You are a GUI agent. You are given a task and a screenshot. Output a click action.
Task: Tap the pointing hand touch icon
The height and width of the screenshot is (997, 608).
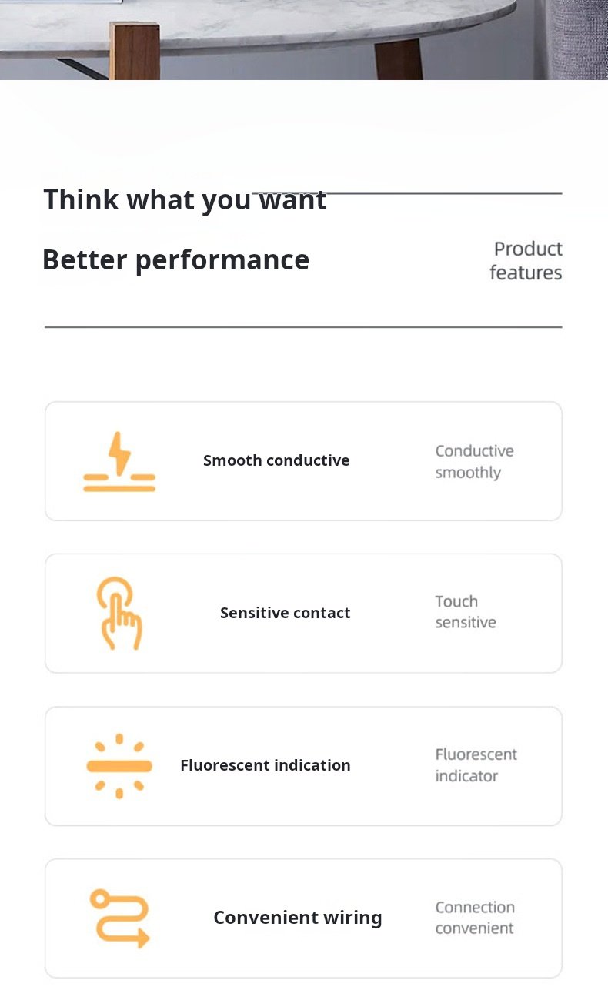[119, 614]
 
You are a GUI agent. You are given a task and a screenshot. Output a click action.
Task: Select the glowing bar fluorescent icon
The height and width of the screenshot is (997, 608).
[119, 766]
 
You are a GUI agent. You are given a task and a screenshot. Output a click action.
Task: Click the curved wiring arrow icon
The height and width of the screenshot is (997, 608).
[120, 918]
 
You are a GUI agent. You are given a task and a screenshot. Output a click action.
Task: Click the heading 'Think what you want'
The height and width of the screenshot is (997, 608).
[185, 199]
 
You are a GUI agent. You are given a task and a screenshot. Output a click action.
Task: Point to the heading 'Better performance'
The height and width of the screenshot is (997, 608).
[175, 260]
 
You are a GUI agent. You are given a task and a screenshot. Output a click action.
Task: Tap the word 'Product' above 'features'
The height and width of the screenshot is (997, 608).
[528, 249]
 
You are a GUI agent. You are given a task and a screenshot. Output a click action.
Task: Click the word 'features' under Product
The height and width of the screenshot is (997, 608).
[526, 273]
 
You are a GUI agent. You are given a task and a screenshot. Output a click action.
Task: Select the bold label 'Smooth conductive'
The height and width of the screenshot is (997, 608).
[276, 460]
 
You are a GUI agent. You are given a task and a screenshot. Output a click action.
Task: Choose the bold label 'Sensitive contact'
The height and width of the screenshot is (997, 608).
[286, 613]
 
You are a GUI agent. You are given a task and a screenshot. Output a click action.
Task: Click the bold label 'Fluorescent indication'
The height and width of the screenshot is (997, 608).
[266, 765]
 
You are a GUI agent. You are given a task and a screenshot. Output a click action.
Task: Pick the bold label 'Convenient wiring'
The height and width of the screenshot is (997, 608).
[298, 918]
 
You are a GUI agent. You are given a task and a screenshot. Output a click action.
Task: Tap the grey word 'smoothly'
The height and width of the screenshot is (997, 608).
[468, 473]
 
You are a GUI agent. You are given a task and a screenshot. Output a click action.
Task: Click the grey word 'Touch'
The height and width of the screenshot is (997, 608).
[456, 602]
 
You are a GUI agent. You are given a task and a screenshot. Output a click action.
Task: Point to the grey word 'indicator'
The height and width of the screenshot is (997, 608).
[466, 776]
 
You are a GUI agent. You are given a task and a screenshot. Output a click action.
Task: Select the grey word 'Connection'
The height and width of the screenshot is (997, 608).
[475, 908]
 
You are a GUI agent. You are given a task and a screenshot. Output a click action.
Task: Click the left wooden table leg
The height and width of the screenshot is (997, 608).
[135, 51]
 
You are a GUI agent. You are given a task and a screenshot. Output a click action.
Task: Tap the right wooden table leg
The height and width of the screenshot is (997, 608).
[399, 60]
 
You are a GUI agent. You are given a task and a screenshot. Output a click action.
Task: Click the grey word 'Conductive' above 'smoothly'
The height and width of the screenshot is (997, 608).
[475, 451]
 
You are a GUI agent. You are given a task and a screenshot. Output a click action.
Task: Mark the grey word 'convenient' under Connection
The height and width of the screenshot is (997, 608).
[475, 928]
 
